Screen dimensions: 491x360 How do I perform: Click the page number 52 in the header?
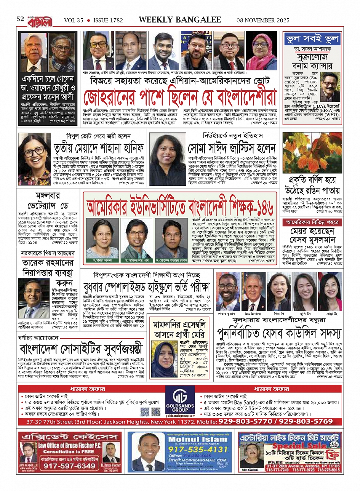(20, 19)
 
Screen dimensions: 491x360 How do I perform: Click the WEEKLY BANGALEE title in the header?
(180, 20)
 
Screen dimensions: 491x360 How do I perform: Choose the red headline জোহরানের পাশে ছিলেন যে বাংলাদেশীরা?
(180, 98)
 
